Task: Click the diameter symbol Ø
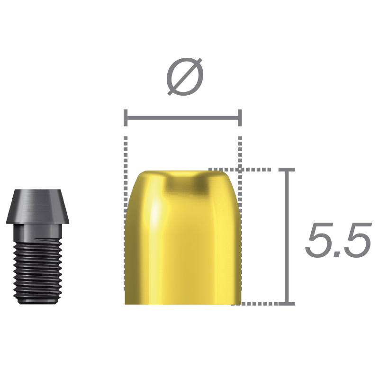(185, 77)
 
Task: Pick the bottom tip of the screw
(37, 302)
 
